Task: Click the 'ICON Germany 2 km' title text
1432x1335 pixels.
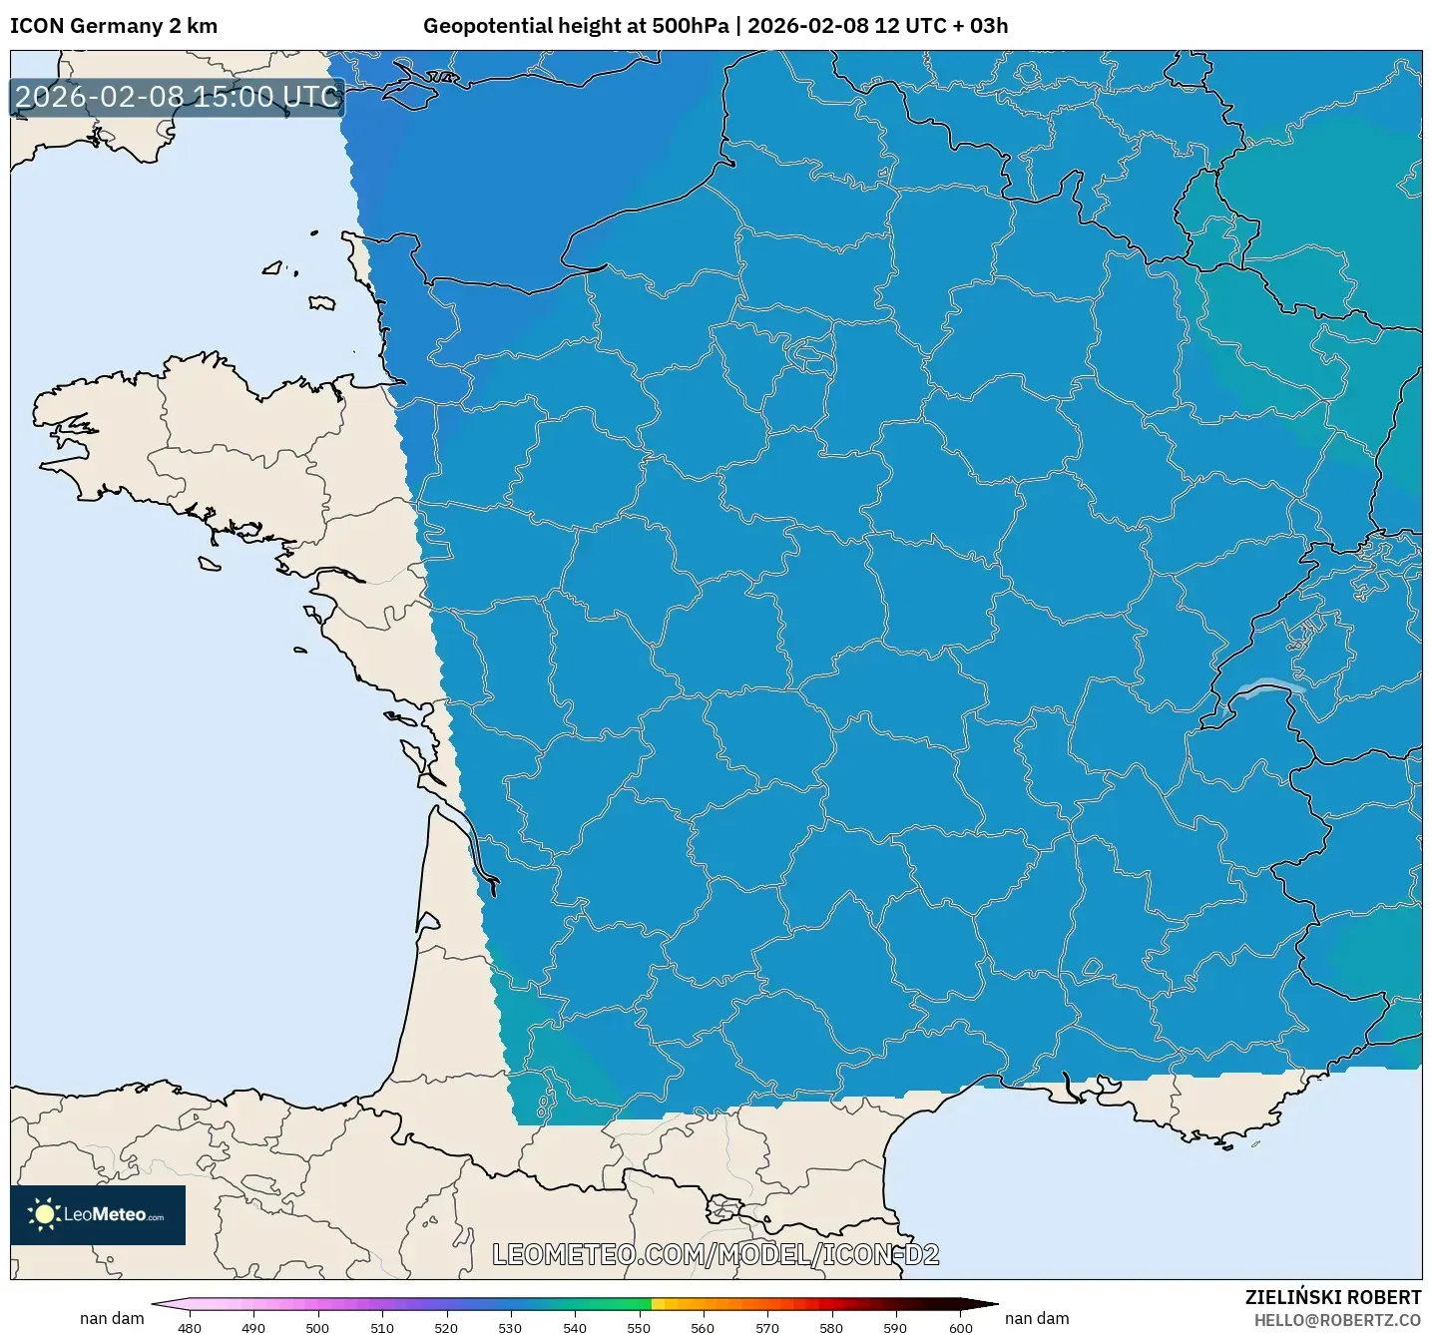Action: [113, 26]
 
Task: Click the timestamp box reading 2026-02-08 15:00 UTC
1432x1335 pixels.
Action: [177, 97]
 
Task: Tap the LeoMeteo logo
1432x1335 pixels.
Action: [98, 1214]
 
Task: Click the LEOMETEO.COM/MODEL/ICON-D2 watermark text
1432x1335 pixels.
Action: [716, 1254]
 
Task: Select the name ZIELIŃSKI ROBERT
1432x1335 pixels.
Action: [1332, 1297]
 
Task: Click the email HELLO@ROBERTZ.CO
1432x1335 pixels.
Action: [1336, 1320]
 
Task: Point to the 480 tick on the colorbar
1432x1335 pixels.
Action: [189, 1327]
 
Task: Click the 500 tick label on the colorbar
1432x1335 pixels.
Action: [317, 1327]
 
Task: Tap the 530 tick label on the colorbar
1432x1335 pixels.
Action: [510, 1327]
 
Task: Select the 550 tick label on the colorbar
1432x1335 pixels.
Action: [639, 1327]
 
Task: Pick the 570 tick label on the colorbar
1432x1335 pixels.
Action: [767, 1327]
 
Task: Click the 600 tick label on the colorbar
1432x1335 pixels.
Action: [960, 1327]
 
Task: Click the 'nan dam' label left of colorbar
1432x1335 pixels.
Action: [112, 1318]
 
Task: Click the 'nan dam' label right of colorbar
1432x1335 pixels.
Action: [1037, 1318]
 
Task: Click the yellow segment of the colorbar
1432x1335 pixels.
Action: [659, 1303]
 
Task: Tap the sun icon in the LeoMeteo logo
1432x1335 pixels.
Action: [44, 1214]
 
